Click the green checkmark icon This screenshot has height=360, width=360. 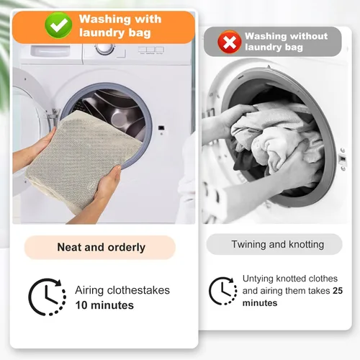58,25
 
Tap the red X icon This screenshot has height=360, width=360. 230,42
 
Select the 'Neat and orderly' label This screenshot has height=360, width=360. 100,247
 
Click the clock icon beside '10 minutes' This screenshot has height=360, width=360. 48,297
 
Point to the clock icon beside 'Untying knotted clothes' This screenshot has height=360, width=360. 223,291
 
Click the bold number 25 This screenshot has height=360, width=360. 338,291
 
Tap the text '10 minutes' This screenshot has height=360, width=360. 104,305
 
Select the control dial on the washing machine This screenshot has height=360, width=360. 105,49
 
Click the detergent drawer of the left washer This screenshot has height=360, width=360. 50,51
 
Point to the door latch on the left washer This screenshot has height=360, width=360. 161,128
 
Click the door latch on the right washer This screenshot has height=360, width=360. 343,159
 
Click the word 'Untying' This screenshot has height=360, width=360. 258,279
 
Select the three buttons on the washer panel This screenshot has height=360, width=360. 151,50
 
